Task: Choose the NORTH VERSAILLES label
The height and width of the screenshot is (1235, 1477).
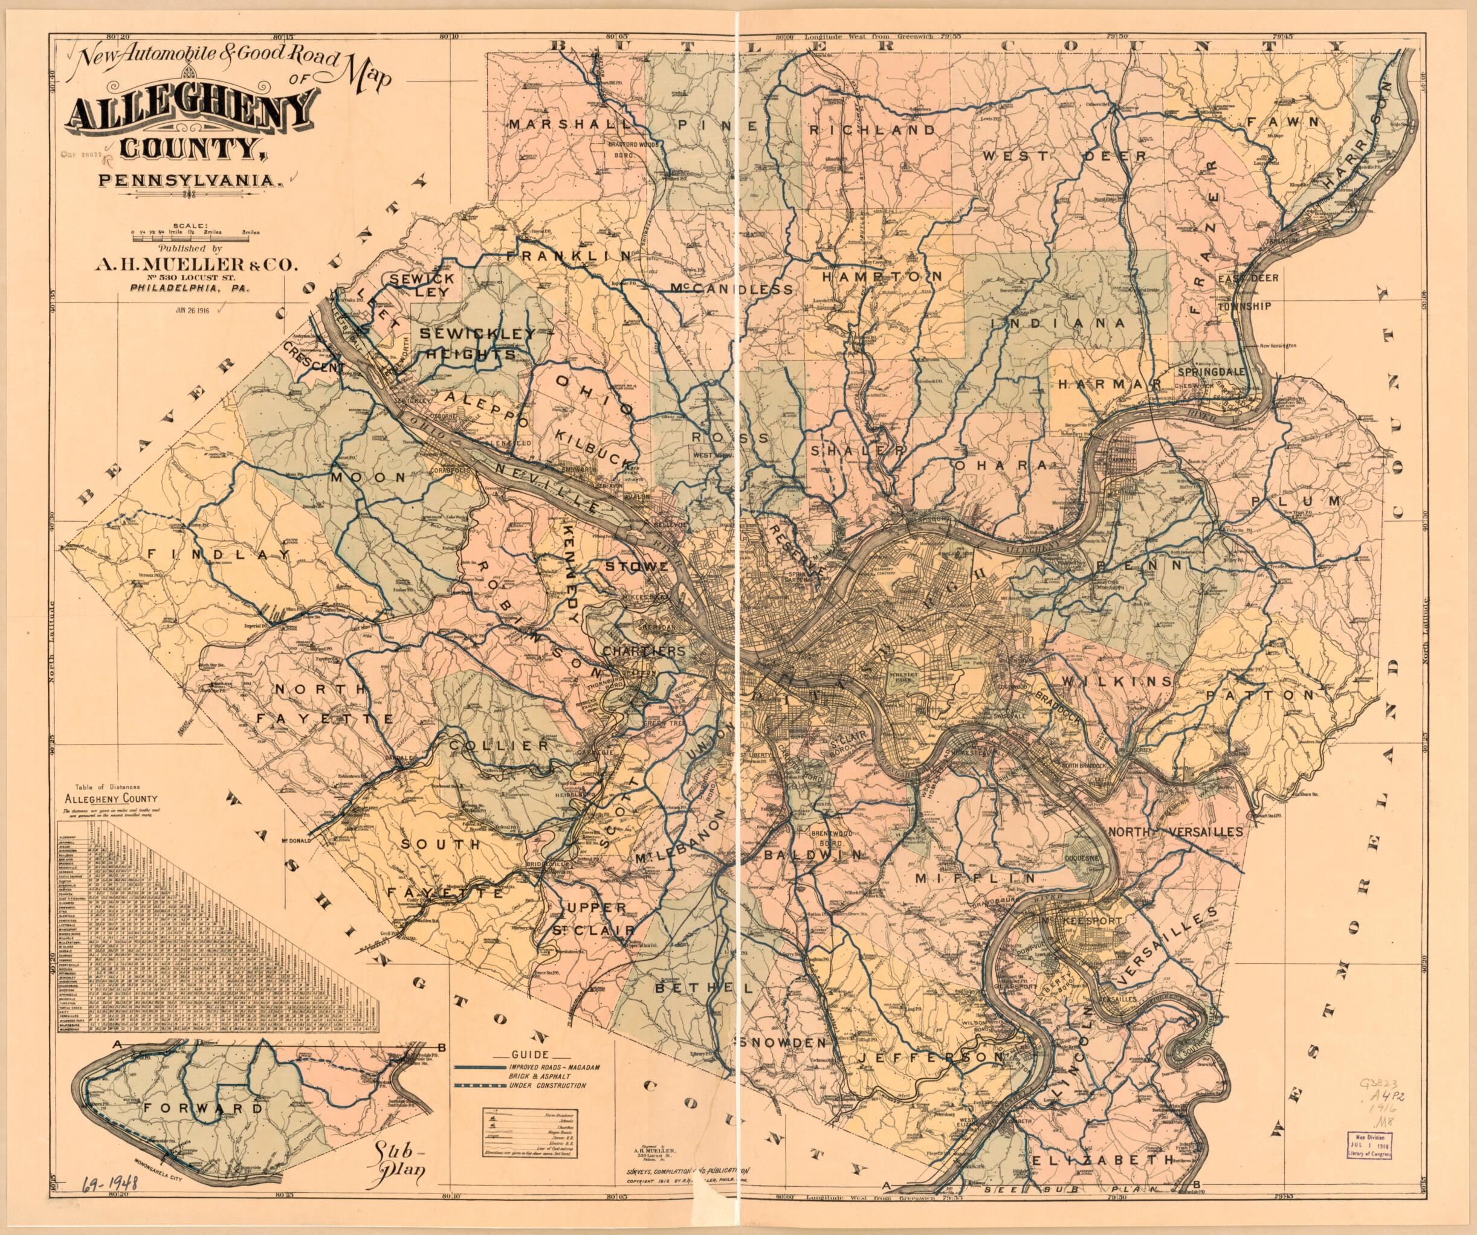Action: (x=1175, y=832)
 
